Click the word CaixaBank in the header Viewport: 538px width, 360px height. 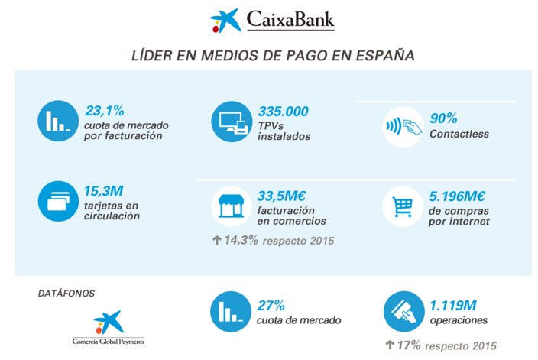point(290,19)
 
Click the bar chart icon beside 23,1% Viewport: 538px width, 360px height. point(58,120)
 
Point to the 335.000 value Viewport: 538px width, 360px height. point(284,112)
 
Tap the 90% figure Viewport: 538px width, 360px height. point(443,118)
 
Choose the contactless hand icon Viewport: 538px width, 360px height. point(402,128)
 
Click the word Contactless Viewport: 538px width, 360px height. point(459,134)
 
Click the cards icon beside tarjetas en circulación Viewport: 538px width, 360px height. point(58,200)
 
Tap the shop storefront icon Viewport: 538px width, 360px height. point(230,205)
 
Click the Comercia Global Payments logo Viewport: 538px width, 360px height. point(108,328)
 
